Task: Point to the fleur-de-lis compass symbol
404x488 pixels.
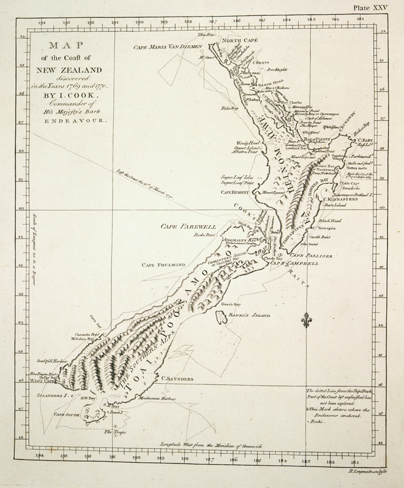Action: (x=307, y=320)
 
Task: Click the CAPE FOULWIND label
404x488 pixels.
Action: (x=163, y=265)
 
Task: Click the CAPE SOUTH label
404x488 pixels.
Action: (x=69, y=414)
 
